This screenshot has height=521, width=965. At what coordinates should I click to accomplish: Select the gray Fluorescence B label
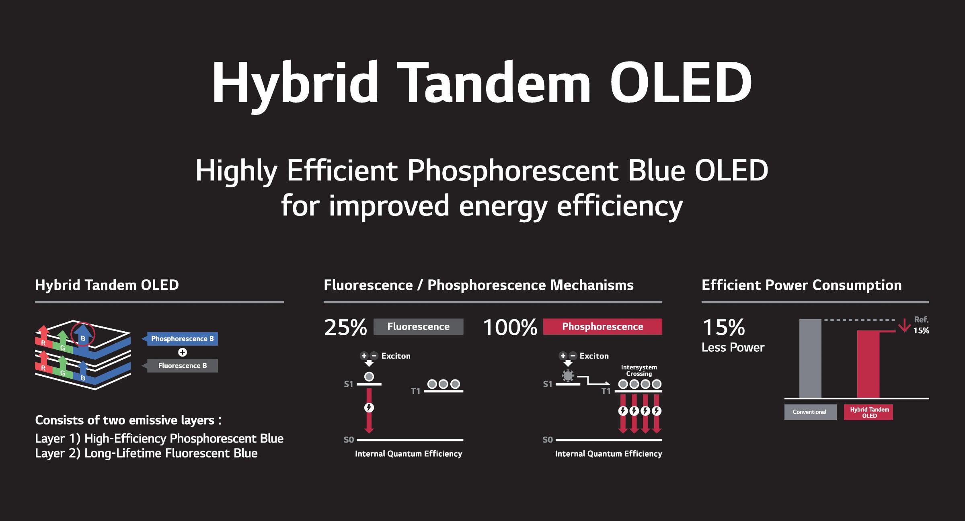click(x=182, y=365)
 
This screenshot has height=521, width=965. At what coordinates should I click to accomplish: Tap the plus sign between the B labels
click(x=183, y=352)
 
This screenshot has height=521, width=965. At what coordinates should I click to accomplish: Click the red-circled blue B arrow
click(x=83, y=336)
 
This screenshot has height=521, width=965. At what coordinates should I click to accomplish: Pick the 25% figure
click(x=345, y=327)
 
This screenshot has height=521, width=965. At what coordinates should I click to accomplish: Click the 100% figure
click(x=510, y=327)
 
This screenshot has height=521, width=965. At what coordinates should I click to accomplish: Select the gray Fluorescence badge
click(x=418, y=326)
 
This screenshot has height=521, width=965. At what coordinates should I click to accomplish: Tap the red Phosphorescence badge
click(x=602, y=326)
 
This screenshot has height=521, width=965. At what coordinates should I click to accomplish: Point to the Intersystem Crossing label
click(x=639, y=370)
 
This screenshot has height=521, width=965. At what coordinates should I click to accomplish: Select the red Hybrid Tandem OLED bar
click(x=868, y=364)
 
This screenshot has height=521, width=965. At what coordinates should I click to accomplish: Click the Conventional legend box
click(x=810, y=412)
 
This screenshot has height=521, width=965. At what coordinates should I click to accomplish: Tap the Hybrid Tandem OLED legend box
click(x=868, y=412)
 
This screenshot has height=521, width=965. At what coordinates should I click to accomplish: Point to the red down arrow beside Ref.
click(x=904, y=325)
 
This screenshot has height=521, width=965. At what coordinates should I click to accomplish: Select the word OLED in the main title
click(x=681, y=83)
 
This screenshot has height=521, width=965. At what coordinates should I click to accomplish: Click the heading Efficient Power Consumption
click(x=801, y=285)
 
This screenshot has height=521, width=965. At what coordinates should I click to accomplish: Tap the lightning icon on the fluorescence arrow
click(x=369, y=408)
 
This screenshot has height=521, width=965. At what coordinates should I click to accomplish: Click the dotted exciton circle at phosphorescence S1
click(x=568, y=376)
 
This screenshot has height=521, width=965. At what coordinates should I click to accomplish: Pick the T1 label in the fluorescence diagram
click(x=415, y=391)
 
